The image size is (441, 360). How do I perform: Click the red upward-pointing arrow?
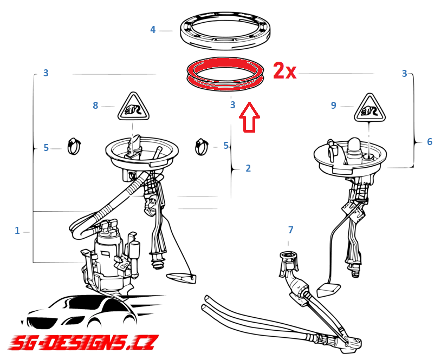pyautogui.click(x=249, y=117)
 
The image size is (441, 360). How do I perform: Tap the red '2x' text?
pyautogui.click(x=284, y=71)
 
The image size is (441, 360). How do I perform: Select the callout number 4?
pyautogui.click(x=153, y=30)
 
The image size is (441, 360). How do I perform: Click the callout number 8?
pyautogui.click(x=95, y=106)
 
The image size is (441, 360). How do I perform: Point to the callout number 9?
pyautogui.click(x=333, y=106)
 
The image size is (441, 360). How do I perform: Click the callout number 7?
pyautogui.click(x=290, y=230)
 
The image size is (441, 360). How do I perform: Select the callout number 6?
pyautogui.click(x=430, y=142)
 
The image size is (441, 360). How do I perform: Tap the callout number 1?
pyautogui.click(x=17, y=231)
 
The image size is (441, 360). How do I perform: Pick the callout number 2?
pyautogui.click(x=248, y=168)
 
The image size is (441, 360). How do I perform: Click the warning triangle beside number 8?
pyautogui.click(x=133, y=107)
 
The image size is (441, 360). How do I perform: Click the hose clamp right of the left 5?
pyautogui.click(x=74, y=146)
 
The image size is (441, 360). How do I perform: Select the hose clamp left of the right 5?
pyautogui.click(x=202, y=146)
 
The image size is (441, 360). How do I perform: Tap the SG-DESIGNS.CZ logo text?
pyautogui.click(x=83, y=342)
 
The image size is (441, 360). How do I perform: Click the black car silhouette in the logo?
pyautogui.click(x=85, y=312)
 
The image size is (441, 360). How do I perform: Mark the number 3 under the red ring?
pyautogui.click(x=232, y=105)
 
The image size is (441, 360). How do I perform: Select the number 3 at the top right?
pyautogui.click(x=404, y=74)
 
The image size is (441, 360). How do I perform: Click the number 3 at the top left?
pyautogui.click(x=46, y=73)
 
